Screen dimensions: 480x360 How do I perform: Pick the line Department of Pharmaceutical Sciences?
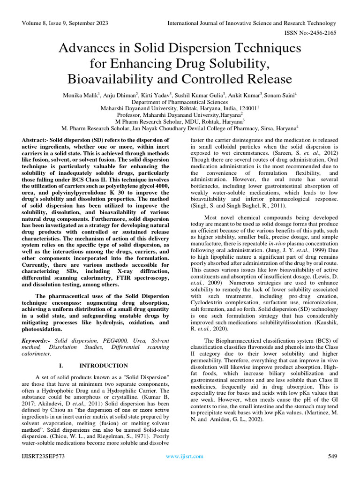click(180, 102)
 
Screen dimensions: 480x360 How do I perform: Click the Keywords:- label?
click(37, 339)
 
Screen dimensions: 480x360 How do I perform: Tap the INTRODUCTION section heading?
click(104, 365)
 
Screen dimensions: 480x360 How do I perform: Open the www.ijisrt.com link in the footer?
click(185, 456)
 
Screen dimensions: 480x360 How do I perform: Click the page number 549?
click(333, 456)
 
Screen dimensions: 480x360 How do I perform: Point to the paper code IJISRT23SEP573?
click(45, 456)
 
